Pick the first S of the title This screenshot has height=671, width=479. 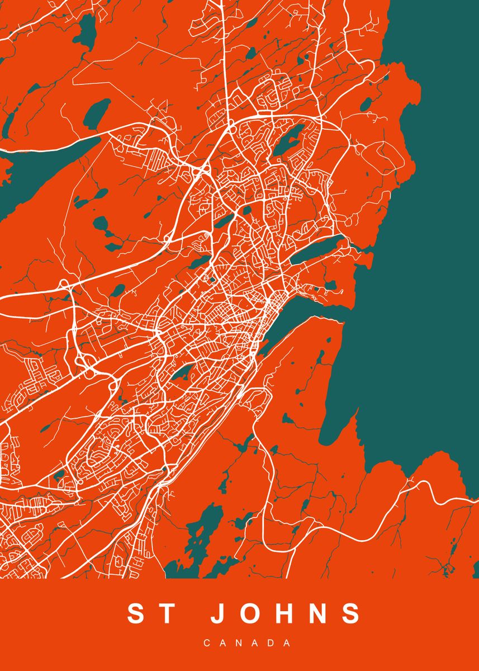pos(136,613)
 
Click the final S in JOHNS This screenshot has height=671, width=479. pos(350,613)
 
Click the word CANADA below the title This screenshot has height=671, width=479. pos(246,644)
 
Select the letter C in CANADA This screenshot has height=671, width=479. pos(207,644)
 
